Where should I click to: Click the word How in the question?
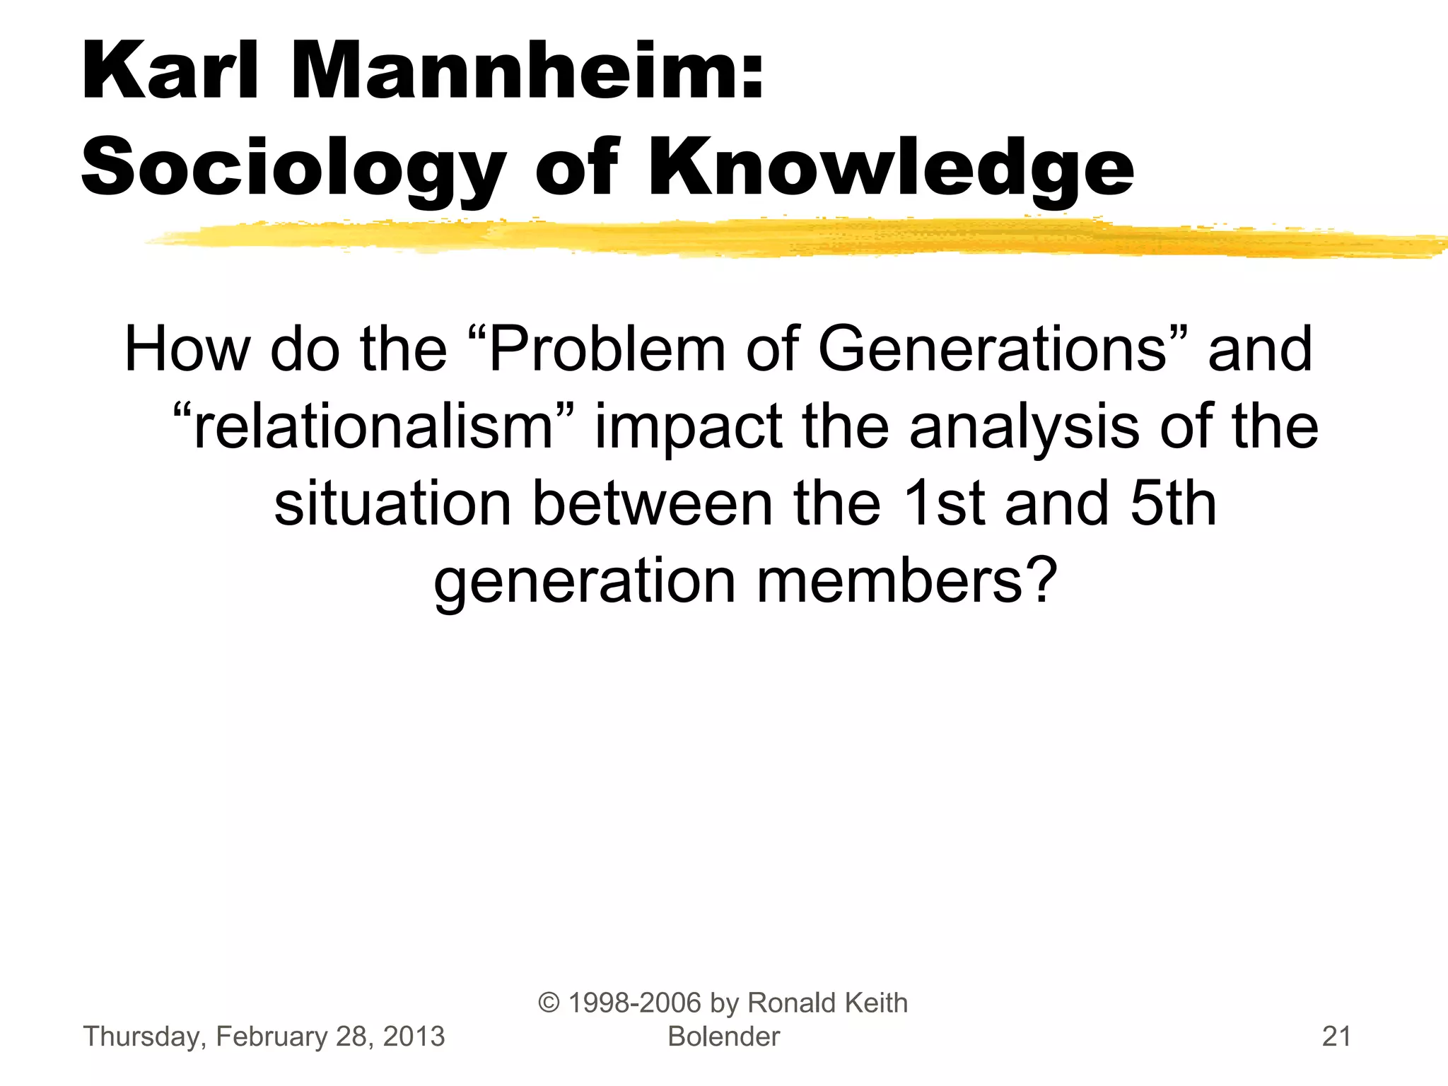[x=187, y=349]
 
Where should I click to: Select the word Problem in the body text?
[x=607, y=349]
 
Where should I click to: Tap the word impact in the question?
[x=688, y=428]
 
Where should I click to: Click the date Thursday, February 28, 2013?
[x=264, y=1037]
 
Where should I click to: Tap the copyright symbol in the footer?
[x=549, y=1003]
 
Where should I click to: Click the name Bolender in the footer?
[x=723, y=1037]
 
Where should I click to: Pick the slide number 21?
[x=1336, y=1037]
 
